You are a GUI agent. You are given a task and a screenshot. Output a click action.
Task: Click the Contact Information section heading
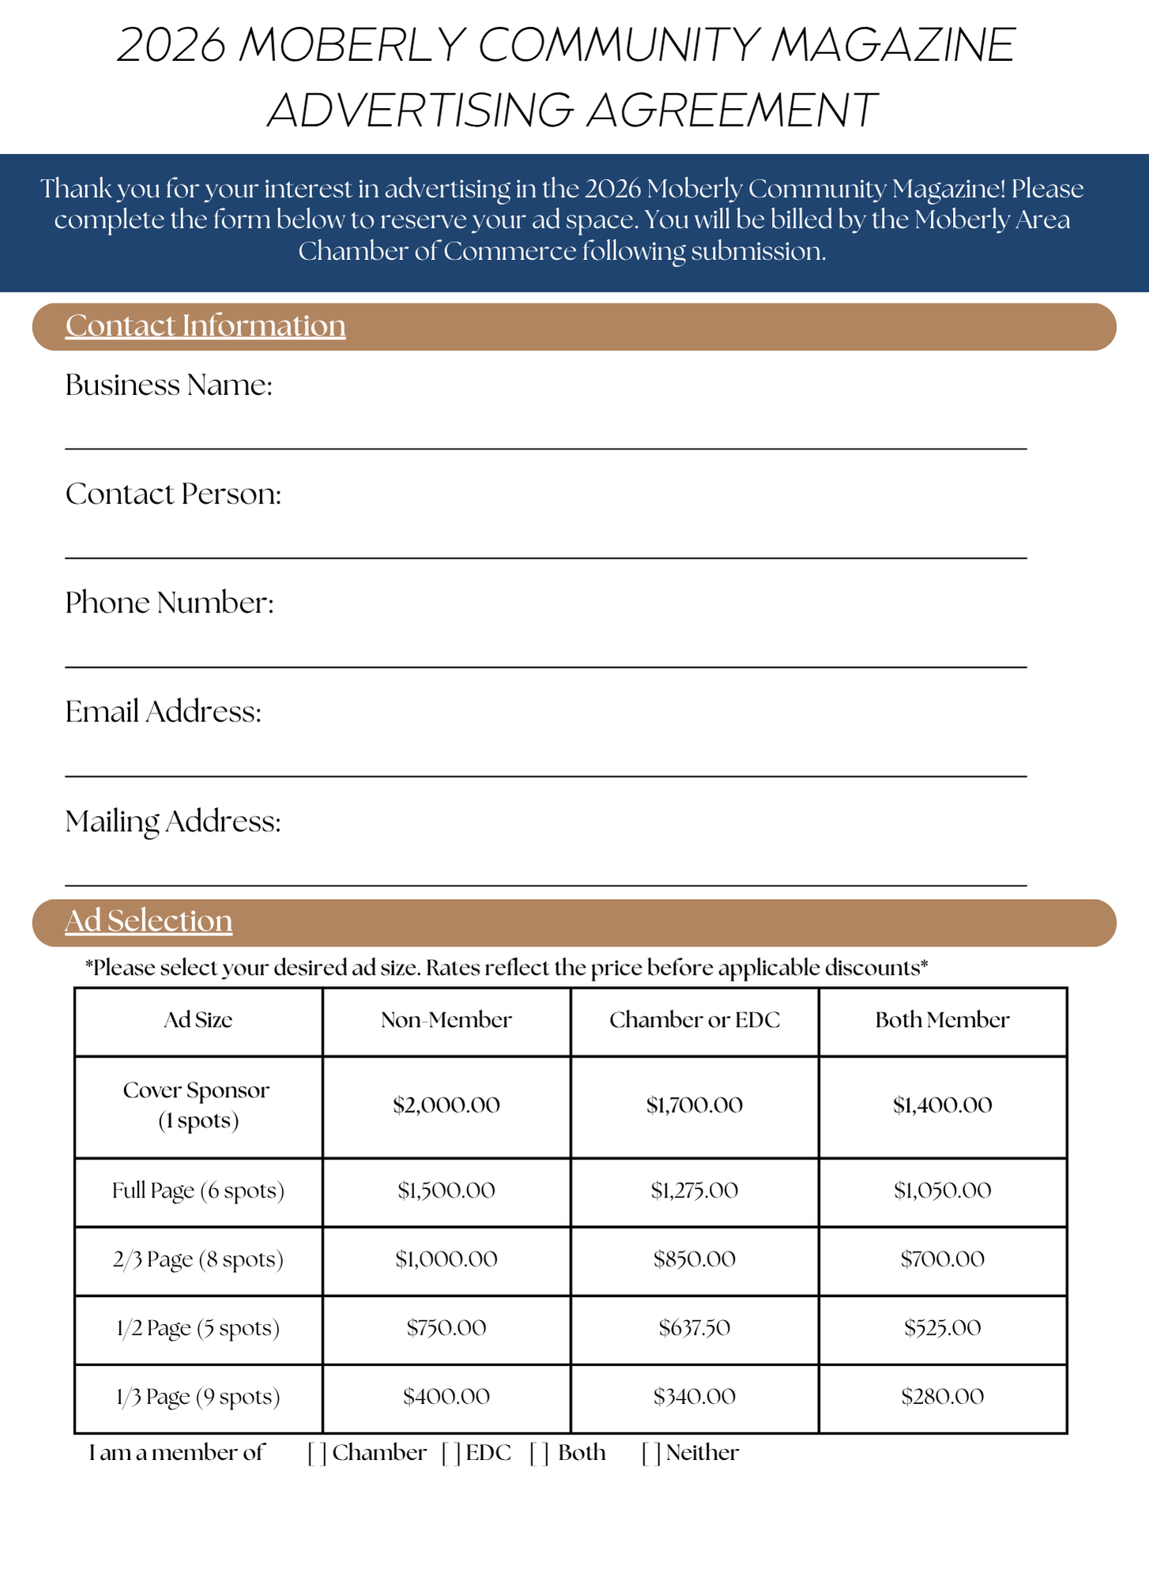point(205,325)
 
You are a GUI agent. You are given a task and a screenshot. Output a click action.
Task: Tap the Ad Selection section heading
point(149,920)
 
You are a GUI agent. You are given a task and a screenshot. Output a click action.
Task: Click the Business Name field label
point(168,386)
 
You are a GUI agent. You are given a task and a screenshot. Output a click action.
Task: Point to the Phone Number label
point(169,603)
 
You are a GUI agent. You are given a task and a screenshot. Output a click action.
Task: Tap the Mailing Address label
point(172,822)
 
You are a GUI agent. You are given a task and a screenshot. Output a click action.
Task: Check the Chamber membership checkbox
point(317,1453)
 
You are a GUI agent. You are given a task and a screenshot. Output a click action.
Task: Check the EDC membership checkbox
point(451,1453)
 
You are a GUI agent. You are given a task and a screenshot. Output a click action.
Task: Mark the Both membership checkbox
point(539,1453)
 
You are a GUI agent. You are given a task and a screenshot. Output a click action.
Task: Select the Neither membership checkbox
point(651,1453)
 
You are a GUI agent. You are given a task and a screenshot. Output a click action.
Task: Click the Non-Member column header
point(446,1020)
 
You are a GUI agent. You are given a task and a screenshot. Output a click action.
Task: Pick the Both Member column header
point(942,1020)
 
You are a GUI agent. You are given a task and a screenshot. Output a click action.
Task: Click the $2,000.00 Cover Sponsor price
point(446,1105)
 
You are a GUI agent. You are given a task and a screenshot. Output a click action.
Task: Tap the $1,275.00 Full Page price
point(695,1191)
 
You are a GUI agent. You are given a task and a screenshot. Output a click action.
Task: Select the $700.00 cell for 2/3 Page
point(942,1259)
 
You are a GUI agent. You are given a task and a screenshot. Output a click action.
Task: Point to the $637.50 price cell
point(695,1328)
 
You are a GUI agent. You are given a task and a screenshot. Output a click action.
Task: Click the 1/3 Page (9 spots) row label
point(198,1397)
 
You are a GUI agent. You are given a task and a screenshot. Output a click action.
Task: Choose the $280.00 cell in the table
point(942,1397)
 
